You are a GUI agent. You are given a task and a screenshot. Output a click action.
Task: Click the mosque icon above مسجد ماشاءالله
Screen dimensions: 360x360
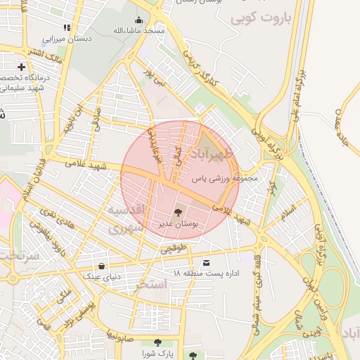click(139, 20)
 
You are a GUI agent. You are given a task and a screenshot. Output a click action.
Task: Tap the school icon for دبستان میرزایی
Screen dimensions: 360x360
click(67, 28)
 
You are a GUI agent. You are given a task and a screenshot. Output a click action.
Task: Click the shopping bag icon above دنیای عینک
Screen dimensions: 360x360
click(103, 266)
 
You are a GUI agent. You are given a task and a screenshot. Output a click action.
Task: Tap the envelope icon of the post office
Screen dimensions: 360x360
click(205, 263)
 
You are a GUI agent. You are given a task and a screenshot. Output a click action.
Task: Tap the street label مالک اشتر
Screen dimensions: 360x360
click(40, 56)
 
